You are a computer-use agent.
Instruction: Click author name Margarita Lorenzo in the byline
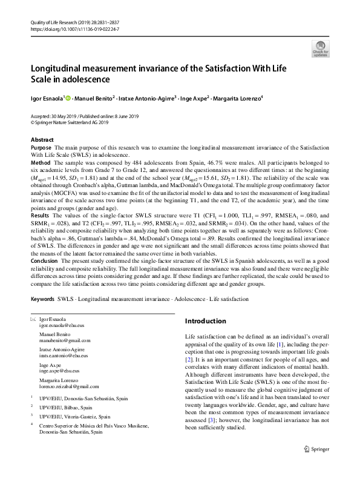click(x=227, y=97)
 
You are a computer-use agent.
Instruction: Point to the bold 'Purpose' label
click(x=41, y=148)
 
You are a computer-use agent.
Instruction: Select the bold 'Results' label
click(x=40, y=215)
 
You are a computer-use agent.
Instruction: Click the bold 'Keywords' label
click(x=43, y=299)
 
